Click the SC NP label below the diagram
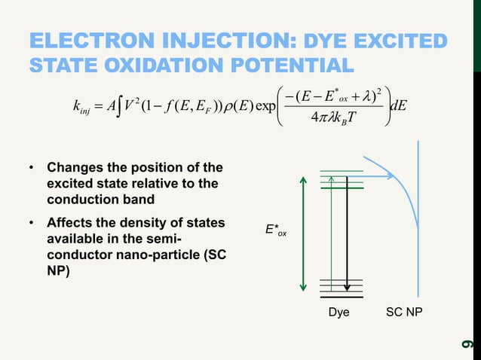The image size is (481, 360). coord(405,312)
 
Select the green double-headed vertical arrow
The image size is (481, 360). coord(303,233)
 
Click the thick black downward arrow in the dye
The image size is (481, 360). coord(346,233)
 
